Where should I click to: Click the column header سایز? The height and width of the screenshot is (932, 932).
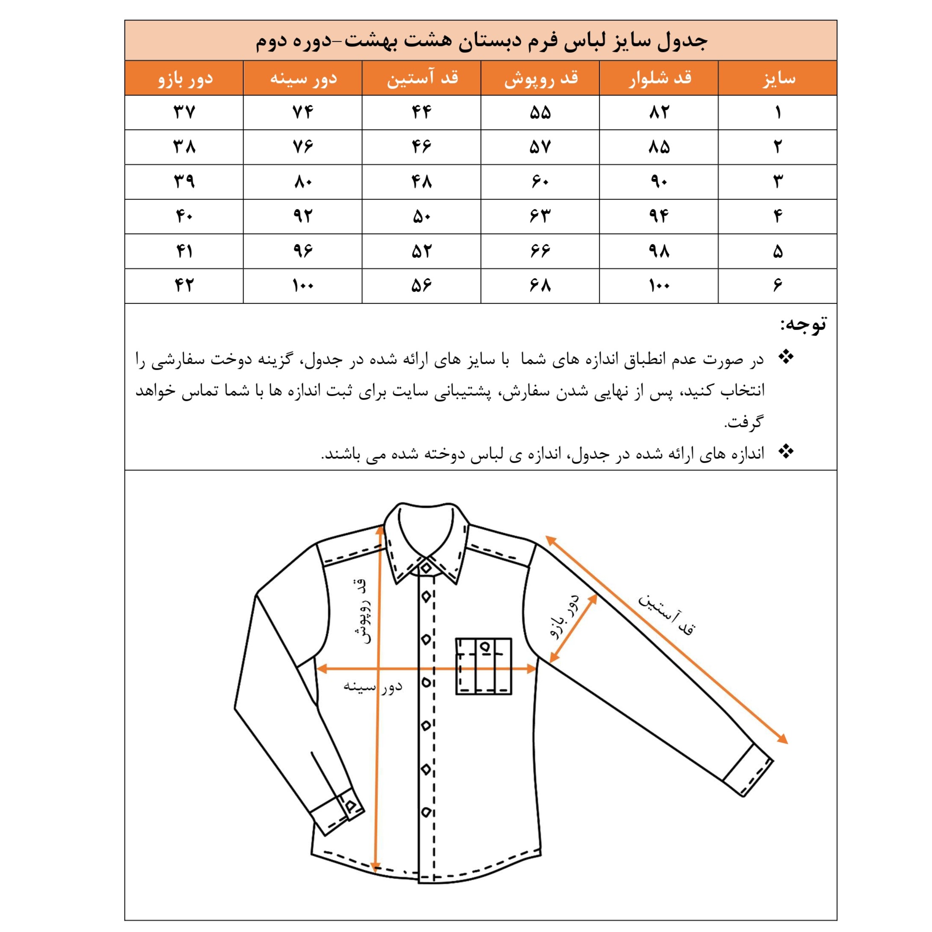tap(778, 78)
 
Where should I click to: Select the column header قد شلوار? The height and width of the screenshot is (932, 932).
tap(659, 78)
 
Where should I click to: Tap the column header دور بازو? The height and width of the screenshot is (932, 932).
tap(184, 78)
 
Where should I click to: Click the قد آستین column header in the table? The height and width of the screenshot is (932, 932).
tap(421, 78)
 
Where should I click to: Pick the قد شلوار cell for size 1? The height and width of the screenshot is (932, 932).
tap(659, 113)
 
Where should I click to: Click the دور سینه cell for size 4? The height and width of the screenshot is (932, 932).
tap(303, 217)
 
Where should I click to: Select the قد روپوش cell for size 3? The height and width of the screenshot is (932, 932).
tap(540, 182)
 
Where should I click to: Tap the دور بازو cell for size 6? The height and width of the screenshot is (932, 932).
tap(184, 286)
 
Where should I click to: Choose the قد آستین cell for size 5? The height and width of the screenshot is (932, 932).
tap(421, 251)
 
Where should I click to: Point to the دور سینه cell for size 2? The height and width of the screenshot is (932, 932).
tap(303, 147)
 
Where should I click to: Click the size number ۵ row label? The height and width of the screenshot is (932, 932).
tap(778, 251)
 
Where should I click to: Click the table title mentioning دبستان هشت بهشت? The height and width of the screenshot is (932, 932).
tap(481, 41)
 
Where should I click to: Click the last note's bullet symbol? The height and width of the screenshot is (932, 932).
tap(786, 452)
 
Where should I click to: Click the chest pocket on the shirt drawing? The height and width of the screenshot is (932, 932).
tap(483, 666)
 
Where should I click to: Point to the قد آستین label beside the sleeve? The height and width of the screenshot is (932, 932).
tap(667, 614)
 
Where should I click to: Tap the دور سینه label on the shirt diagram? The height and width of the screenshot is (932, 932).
tap(372, 686)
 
